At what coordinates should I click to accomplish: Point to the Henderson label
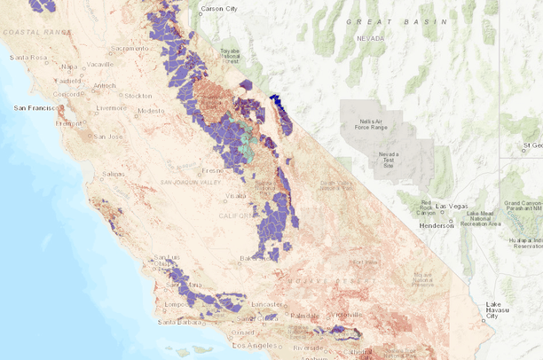436,224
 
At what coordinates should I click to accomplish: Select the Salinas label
113,174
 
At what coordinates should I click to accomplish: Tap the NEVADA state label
371,39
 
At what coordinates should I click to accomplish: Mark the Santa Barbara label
178,322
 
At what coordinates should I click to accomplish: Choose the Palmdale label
304,314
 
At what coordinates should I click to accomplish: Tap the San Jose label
107,136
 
